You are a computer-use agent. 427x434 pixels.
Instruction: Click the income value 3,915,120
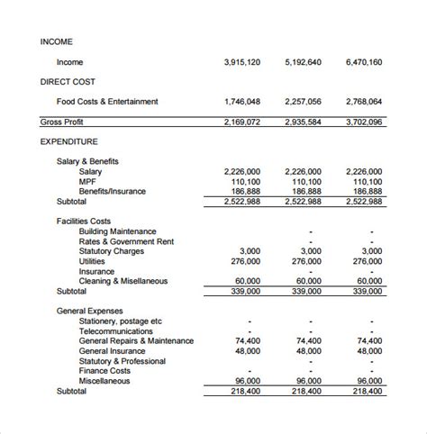pos(241,63)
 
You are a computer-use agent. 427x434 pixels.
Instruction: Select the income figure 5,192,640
pos(303,63)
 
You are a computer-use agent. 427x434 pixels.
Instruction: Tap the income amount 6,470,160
pos(364,63)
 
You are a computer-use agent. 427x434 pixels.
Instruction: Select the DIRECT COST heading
pos(70,82)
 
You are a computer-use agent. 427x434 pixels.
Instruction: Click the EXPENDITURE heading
pos(69,141)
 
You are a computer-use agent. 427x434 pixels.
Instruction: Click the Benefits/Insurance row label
pos(112,191)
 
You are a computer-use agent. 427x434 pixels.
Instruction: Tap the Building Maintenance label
pos(117,231)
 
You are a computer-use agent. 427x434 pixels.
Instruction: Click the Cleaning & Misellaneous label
pos(123,281)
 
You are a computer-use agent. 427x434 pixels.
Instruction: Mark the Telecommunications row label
pos(118,330)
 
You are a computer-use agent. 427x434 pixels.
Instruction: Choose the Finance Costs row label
pos(104,370)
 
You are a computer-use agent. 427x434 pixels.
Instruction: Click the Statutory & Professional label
pos(122,360)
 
